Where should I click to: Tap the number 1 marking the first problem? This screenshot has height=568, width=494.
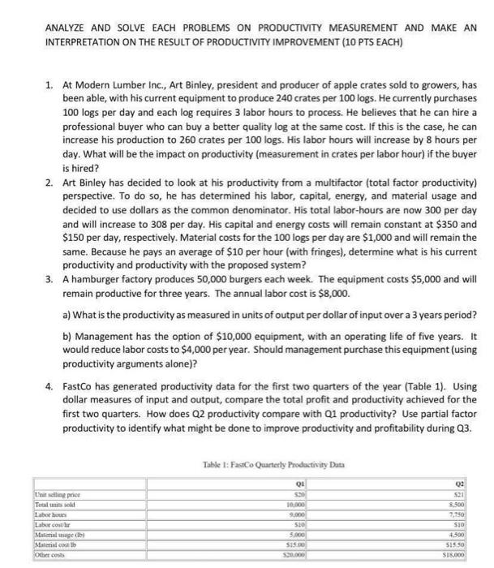click(x=49, y=84)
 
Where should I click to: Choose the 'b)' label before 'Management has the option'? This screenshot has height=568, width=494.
click(x=67, y=333)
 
